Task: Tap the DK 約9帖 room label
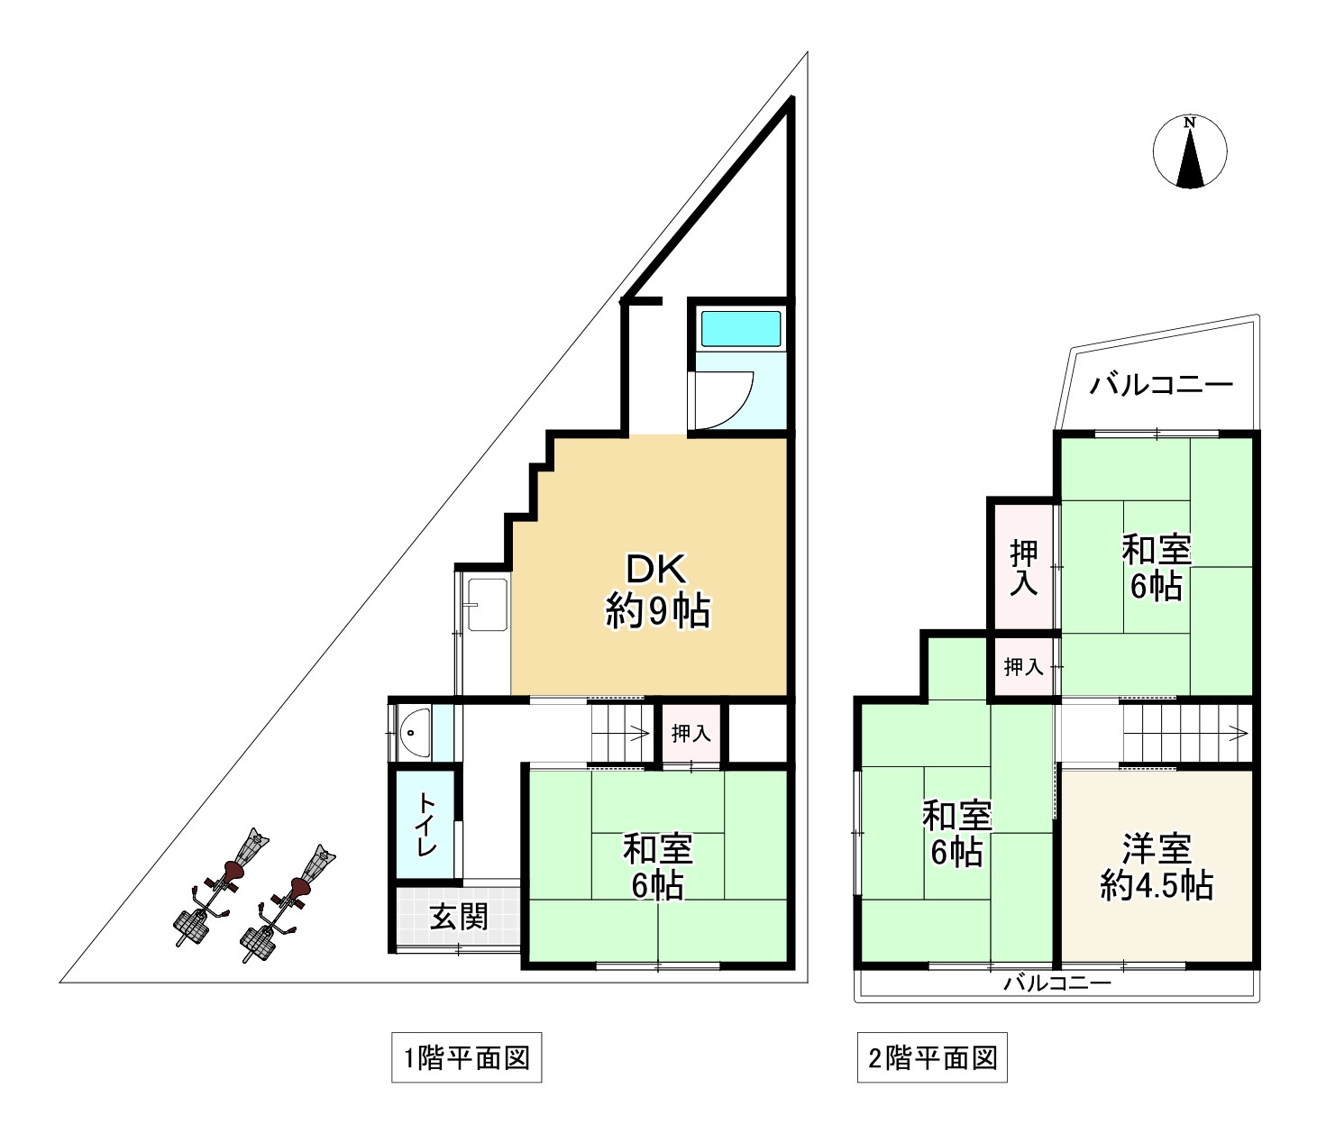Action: pos(657,590)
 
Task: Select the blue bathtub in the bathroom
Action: pos(741,329)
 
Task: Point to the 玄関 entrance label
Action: pos(458,917)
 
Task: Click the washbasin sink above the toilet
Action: pos(415,731)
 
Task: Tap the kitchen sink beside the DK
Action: pos(487,604)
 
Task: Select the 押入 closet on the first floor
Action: pos(691,734)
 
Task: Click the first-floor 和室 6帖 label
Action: pos(657,866)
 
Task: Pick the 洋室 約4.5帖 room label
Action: pos(1157,866)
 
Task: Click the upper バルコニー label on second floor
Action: pos(1161,386)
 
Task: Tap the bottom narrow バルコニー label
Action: pos(1057,983)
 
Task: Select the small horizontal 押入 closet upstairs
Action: pos(1023,667)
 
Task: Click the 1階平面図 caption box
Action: pos(466,1057)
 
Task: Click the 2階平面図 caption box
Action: pos(932,1057)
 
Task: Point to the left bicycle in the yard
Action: pos(221,887)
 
